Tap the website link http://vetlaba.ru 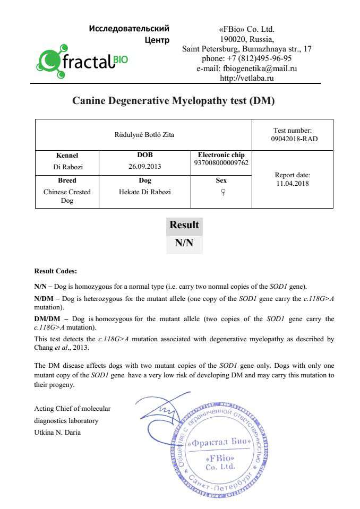coord(246,78)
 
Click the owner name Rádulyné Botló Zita coord(144,135)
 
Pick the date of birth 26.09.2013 coord(144,167)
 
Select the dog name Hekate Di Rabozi coord(144,192)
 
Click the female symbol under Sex coord(221,193)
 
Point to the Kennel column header coord(67,156)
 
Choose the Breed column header coord(67,180)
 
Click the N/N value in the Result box coord(184,244)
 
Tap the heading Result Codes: coord(55,271)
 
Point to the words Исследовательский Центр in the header coord(130,33)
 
